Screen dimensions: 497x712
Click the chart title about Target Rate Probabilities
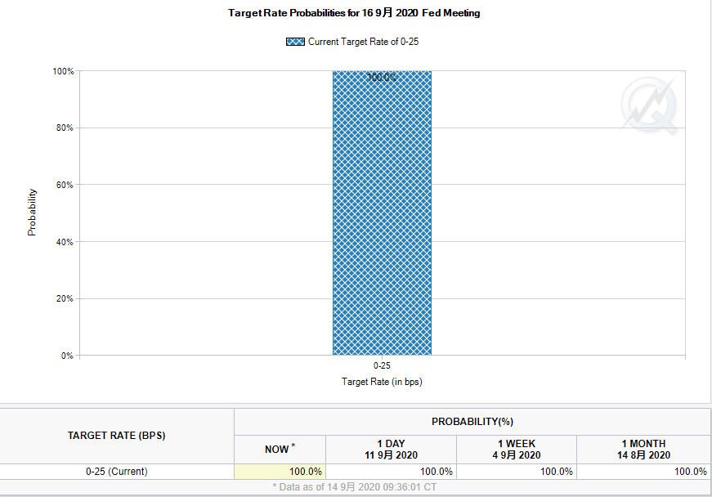coord(354,13)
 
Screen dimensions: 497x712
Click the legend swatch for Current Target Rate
coord(295,42)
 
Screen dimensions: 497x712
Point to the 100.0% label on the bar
coord(382,78)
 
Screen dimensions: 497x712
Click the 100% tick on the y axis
coord(64,72)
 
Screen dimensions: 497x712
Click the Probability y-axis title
coord(33,213)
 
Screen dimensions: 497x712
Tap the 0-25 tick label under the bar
coord(382,366)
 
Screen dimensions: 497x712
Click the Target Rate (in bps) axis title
coord(382,382)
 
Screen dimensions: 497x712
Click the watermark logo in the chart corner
coord(650,106)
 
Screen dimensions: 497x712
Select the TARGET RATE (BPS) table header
coord(117,436)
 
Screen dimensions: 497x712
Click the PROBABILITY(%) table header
coord(472,421)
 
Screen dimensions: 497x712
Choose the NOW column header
coord(279,449)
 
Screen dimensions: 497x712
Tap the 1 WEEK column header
coord(517,449)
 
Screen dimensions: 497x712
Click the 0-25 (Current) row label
coord(117,472)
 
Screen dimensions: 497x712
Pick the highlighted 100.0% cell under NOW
coord(280,472)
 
